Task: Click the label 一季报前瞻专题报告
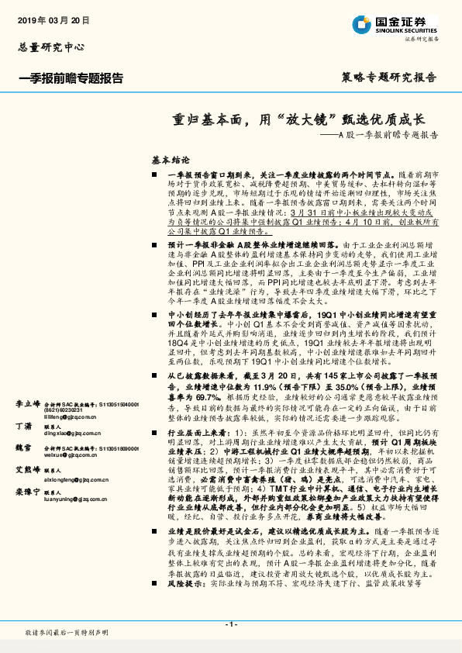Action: (x=70, y=78)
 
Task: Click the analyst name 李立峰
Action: (x=27, y=404)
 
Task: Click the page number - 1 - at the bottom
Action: (x=230, y=624)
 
